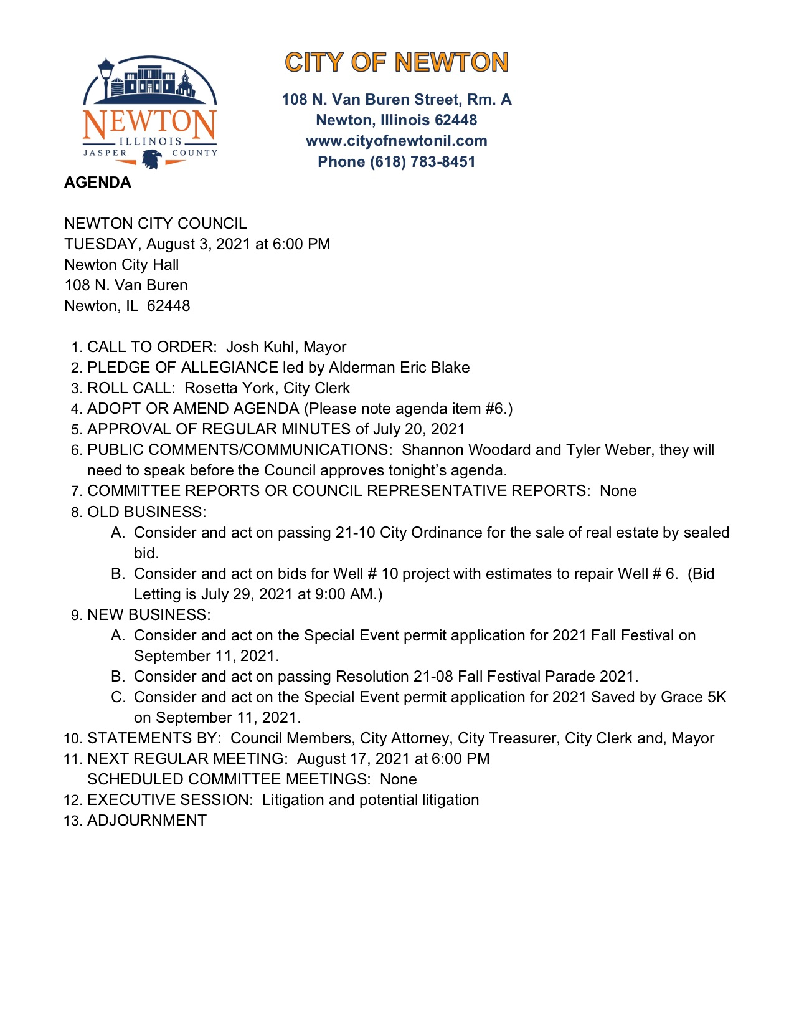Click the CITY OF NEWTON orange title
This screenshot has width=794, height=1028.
pos(397,62)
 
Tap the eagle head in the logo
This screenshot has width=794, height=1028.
pos(151,159)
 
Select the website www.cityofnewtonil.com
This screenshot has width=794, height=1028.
pos(397,141)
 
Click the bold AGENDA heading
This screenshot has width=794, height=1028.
pos(98,183)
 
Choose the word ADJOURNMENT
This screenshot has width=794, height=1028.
pos(147,821)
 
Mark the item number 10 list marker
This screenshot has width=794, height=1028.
pos(73,739)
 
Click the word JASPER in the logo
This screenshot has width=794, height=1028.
pos(105,153)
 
